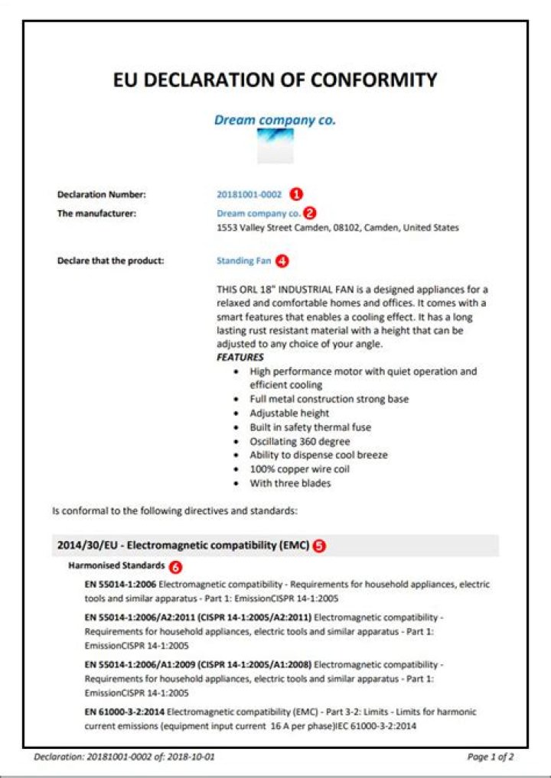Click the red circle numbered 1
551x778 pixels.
click(299, 194)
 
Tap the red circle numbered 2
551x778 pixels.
click(310, 213)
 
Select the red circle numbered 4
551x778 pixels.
click(282, 261)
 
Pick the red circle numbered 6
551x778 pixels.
click(176, 567)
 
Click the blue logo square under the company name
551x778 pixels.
click(275, 145)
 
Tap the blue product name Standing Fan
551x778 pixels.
click(243, 261)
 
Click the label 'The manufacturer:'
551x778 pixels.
click(96, 213)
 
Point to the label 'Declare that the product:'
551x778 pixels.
click(111, 261)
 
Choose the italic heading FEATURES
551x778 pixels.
click(240, 357)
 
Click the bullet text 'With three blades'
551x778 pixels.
click(290, 484)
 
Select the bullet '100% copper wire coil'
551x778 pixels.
click(299, 469)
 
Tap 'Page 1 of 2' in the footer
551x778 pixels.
click(490, 757)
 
